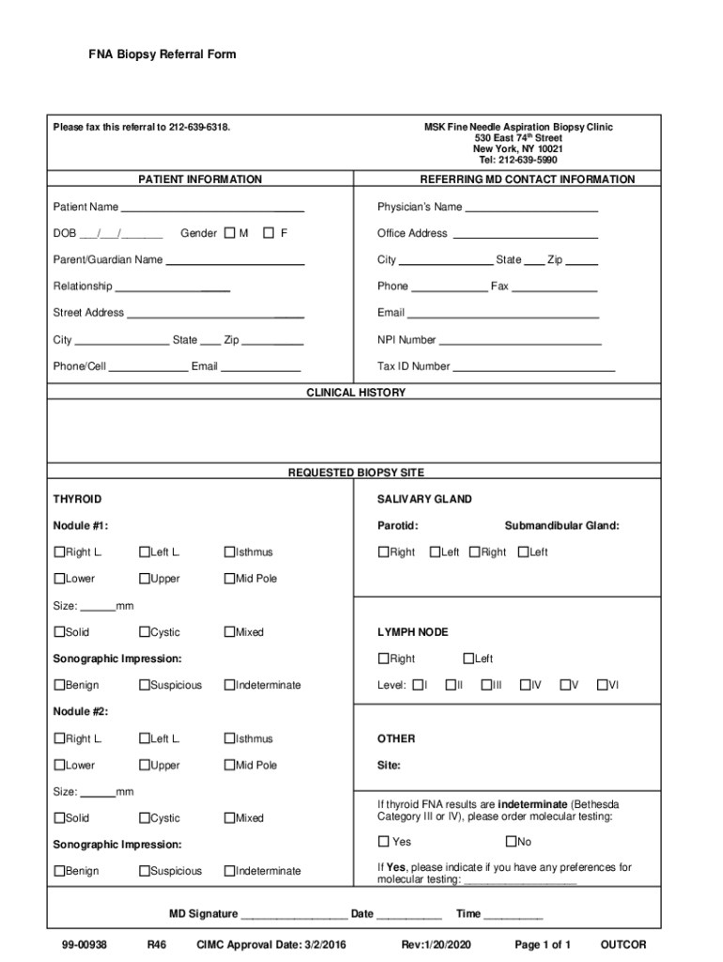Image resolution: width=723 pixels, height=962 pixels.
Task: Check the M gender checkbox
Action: (x=230, y=233)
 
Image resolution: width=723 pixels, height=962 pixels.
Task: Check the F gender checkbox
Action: (x=269, y=233)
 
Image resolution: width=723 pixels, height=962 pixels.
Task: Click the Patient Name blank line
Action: (x=212, y=209)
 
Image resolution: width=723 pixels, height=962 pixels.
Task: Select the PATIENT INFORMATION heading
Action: (x=200, y=179)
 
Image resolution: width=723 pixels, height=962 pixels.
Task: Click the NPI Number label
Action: (x=407, y=340)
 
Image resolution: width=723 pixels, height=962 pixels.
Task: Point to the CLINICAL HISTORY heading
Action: (x=357, y=393)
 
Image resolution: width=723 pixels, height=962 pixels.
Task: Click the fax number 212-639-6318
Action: (x=198, y=127)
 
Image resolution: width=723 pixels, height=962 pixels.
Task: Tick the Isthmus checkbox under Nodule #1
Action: (x=228, y=552)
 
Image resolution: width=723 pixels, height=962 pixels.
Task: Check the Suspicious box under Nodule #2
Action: (x=144, y=871)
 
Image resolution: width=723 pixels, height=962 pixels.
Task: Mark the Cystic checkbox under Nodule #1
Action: (x=144, y=632)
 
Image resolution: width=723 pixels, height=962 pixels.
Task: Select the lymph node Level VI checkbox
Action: (x=602, y=685)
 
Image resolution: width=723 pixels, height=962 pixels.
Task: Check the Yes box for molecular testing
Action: (x=383, y=842)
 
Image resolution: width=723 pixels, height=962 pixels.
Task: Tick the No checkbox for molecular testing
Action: (x=511, y=842)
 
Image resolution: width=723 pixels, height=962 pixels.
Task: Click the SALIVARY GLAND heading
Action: (x=424, y=500)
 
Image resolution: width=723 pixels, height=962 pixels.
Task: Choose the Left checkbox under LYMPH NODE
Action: (x=468, y=659)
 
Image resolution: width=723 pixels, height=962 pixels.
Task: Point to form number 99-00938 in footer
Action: (x=80, y=944)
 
